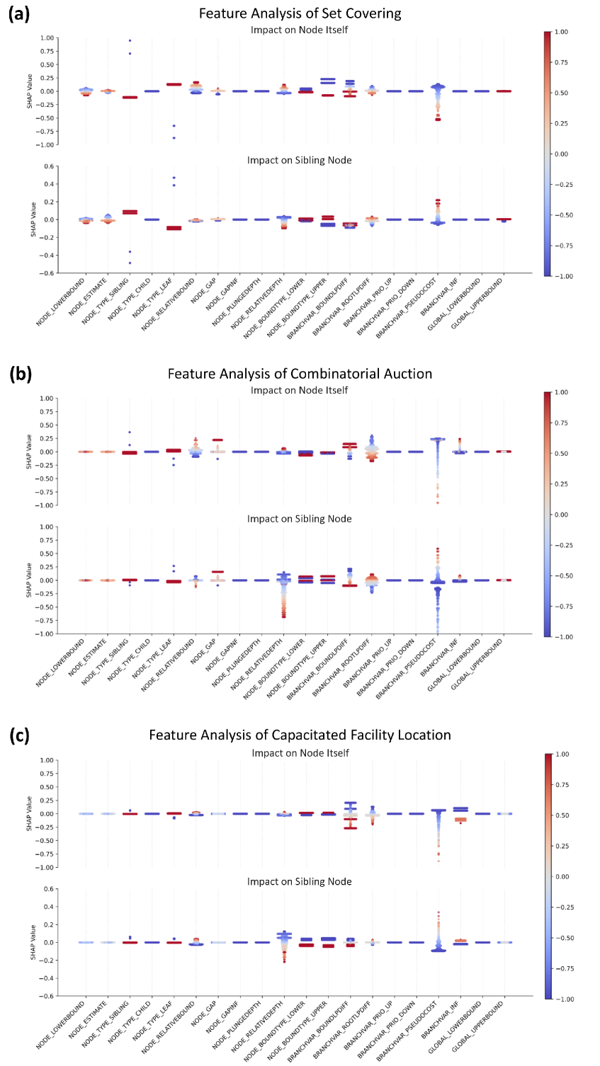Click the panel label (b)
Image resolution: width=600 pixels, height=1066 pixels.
[x=20, y=374]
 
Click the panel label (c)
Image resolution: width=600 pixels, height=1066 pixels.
[x=20, y=735]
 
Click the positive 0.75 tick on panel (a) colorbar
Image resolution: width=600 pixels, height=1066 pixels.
[x=560, y=62]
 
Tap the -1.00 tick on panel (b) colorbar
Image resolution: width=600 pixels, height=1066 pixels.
[x=560, y=636]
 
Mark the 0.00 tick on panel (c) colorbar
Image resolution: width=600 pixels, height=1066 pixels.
[x=560, y=876]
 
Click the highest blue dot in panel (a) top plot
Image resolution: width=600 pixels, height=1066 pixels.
[x=130, y=40]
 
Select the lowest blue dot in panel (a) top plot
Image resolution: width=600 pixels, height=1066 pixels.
[x=174, y=137]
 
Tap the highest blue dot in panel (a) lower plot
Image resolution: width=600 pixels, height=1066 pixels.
[x=174, y=178]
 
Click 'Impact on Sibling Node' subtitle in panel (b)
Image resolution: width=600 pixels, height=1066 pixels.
[x=300, y=519]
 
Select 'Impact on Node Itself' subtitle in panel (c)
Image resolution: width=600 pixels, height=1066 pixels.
[x=300, y=753]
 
